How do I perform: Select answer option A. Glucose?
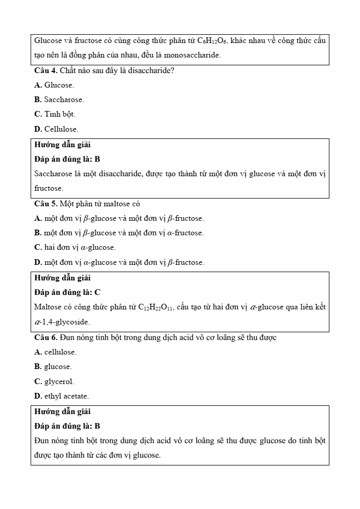coord(54,84)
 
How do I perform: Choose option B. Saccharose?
coord(59,100)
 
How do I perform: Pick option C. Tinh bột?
coord(54,114)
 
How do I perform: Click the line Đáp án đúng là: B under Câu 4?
coord(67,159)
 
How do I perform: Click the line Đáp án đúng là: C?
coord(67,292)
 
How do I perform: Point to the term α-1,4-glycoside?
coord(62,322)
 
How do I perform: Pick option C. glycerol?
coord(54,381)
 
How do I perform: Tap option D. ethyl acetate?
coord(61,396)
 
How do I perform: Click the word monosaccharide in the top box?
coord(189,55)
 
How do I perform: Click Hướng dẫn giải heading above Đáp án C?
coord(62,278)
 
